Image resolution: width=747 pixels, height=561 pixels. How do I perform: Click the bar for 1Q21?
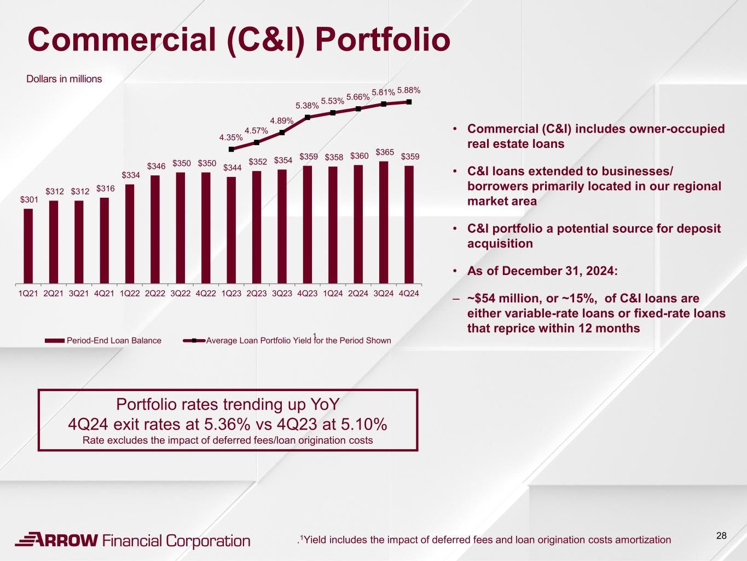coord(28,246)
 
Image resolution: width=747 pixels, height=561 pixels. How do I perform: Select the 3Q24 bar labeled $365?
coord(384,222)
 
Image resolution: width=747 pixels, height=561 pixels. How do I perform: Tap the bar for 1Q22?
coord(130,234)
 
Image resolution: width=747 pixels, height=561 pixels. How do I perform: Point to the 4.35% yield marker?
coord(231,149)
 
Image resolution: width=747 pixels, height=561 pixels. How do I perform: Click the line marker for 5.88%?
coord(409,102)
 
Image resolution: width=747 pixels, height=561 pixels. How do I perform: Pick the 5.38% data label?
coord(307,106)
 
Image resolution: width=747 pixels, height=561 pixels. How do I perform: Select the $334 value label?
coord(131,175)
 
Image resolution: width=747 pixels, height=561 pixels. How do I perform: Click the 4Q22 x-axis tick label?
coord(206,294)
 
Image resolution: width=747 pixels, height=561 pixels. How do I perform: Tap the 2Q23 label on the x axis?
coord(257,294)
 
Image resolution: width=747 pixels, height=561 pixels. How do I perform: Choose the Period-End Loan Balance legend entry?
coord(103,340)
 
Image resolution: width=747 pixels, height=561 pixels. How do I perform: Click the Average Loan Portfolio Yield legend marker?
coord(194,340)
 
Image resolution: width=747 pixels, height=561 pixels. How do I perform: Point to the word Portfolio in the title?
coord(383,40)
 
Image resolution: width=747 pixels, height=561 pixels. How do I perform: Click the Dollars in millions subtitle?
coord(64,79)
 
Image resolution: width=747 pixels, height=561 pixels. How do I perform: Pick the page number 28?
coord(721,536)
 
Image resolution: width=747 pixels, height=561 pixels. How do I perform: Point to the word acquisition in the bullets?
coord(500,244)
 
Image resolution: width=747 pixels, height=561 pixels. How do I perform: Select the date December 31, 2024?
coord(559,271)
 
